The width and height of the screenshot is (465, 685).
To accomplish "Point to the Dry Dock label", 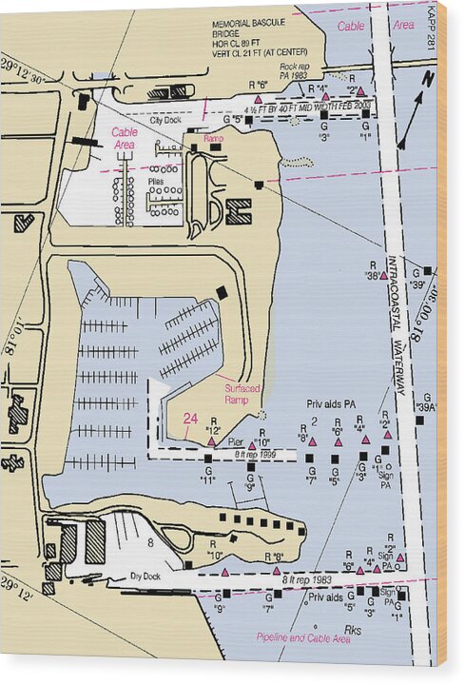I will coord(146,576).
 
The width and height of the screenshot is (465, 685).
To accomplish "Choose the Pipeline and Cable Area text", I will coord(303,637).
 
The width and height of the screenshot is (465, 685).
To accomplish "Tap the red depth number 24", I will coord(190,418).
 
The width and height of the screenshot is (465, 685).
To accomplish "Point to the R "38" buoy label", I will coord(376,270).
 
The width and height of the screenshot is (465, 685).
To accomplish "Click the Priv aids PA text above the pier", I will coord(330,404).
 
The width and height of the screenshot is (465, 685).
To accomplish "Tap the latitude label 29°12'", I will coord(18,583).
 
